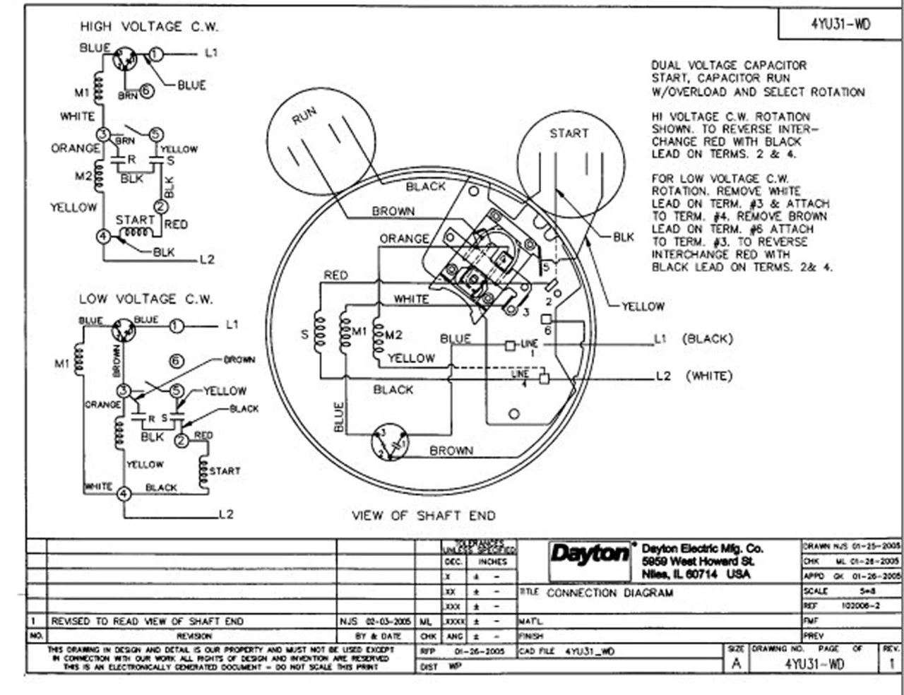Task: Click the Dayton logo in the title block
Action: pyautogui.click(x=590, y=554)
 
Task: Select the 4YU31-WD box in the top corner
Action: pyautogui.click(x=840, y=24)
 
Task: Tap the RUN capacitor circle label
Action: pyautogui.click(x=304, y=116)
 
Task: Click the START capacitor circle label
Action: pyautogui.click(x=569, y=133)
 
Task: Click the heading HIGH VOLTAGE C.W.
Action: pyautogui.click(x=149, y=27)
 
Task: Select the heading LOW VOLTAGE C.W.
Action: pyautogui.click(x=145, y=299)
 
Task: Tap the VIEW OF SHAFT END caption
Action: pyautogui.click(x=424, y=516)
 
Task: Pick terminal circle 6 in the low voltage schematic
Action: pyautogui.click(x=176, y=362)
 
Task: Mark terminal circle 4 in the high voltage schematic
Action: pyautogui.click(x=104, y=236)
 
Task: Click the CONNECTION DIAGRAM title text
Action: pyautogui.click(x=609, y=593)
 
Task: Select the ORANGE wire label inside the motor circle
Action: pyautogui.click(x=403, y=239)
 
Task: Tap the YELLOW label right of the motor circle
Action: pyautogui.click(x=643, y=307)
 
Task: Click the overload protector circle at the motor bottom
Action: pyautogui.click(x=390, y=443)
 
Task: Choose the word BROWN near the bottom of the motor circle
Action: pyautogui.click(x=451, y=451)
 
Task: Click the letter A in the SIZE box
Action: pyautogui.click(x=737, y=664)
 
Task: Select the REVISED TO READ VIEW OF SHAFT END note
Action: pyautogui.click(x=147, y=622)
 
